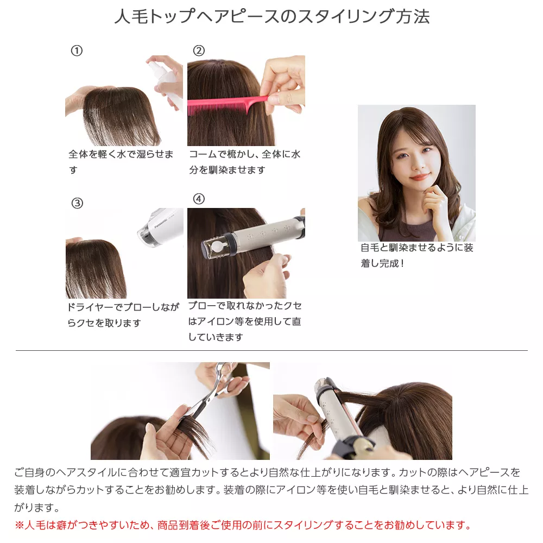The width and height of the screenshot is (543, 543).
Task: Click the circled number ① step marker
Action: tap(77, 51)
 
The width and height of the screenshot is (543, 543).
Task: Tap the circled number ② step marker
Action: tap(199, 51)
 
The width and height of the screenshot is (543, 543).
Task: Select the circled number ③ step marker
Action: tap(77, 204)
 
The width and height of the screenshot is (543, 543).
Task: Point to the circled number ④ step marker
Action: tap(199, 199)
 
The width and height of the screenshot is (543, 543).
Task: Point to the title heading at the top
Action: tap(271, 17)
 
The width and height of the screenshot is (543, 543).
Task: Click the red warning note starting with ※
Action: tap(242, 525)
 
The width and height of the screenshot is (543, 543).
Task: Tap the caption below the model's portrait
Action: tap(416, 255)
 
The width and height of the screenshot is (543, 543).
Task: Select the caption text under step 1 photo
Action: tap(121, 162)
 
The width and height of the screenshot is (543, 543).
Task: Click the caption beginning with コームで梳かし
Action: tap(244, 162)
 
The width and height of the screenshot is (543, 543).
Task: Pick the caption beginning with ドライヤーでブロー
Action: tap(122, 315)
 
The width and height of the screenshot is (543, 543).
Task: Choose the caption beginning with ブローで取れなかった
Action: tap(244, 321)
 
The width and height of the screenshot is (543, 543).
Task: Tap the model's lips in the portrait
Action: tap(419, 177)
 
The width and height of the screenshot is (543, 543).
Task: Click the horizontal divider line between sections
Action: tap(271, 351)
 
